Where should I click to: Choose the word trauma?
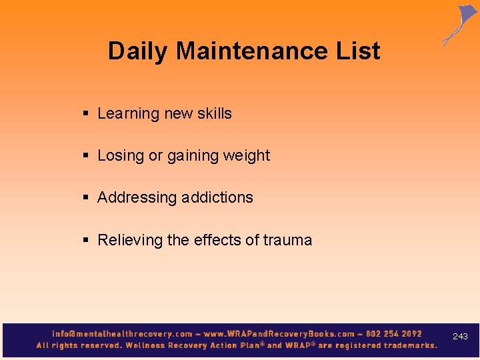287,240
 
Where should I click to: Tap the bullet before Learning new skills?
86,114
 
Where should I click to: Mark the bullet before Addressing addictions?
86,198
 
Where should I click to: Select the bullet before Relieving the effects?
86,240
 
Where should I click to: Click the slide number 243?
460,337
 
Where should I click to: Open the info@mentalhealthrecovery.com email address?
122,334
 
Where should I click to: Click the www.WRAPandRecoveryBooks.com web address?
279,334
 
